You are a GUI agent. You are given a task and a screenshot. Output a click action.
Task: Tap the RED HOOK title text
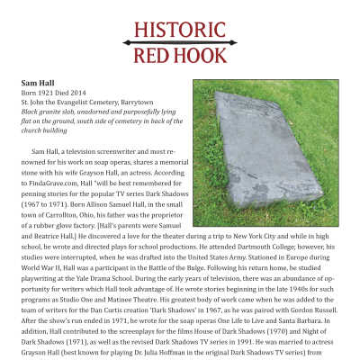point(180,57)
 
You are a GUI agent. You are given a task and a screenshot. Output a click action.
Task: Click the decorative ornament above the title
point(180,12)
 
